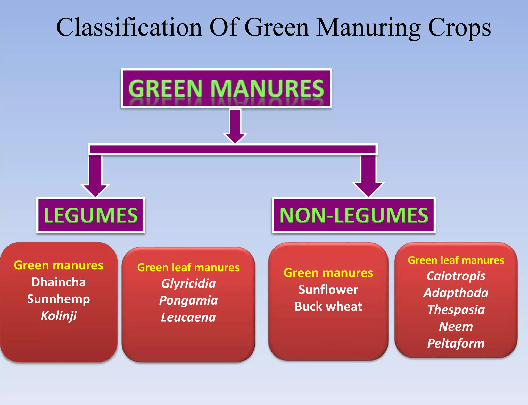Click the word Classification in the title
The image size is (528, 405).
129,27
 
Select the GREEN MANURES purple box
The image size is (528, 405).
226,88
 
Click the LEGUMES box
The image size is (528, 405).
91,215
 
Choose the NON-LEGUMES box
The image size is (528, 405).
354,215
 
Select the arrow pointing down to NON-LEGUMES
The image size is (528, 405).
368,176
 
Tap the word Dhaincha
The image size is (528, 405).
59,282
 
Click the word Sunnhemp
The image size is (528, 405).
59,299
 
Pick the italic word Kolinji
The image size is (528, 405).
59,316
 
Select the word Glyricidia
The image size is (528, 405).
188,284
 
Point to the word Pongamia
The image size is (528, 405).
188,300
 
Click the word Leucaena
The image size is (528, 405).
188,317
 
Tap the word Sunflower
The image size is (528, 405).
328,290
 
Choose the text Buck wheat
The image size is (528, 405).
328,307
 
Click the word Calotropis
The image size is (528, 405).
456,276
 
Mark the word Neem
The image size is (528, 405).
456,327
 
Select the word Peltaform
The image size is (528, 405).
456,343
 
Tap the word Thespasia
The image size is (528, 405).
456,310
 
